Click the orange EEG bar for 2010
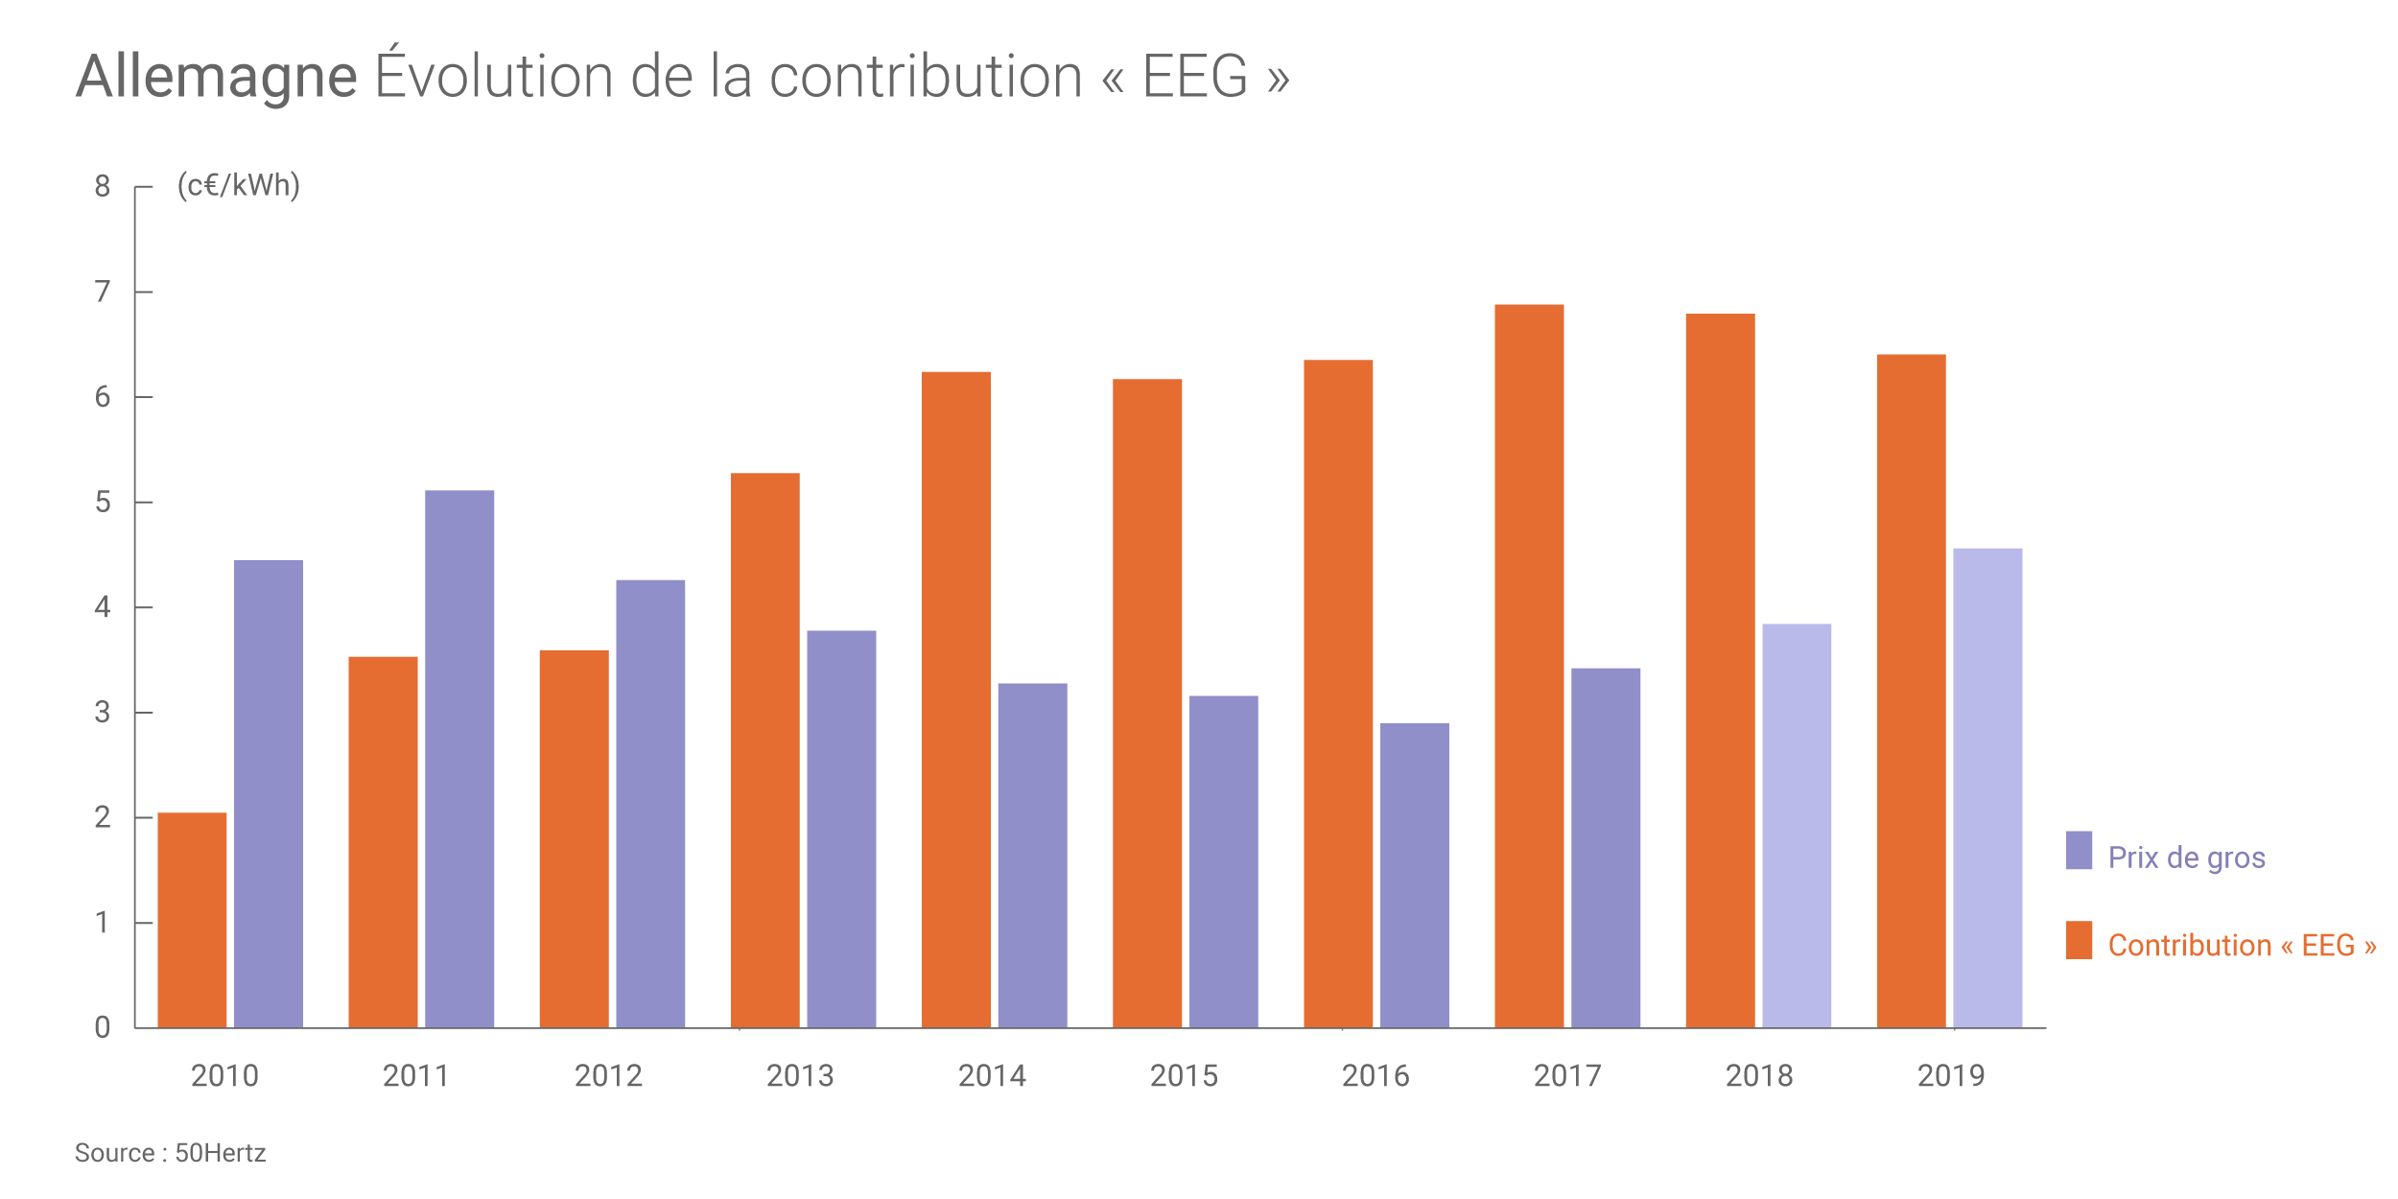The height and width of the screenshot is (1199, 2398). click(x=192, y=921)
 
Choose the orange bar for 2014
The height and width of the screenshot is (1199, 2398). click(x=956, y=700)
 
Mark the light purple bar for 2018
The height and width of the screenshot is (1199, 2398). click(x=1797, y=826)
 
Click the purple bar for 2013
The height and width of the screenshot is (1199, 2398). click(x=841, y=830)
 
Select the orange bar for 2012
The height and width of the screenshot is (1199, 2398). click(x=574, y=839)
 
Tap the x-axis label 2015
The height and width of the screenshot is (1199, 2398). click(x=1184, y=1076)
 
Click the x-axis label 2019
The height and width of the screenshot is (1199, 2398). click(x=1951, y=1076)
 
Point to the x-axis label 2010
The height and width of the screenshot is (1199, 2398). click(x=224, y=1076)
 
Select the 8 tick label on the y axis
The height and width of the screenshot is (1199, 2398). click(x=103, y=186)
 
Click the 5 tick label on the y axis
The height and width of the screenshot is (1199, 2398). click(x=103, y=502)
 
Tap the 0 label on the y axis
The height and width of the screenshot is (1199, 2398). click(x=103, y=1028)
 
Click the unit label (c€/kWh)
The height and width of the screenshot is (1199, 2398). click(x=239, y=185)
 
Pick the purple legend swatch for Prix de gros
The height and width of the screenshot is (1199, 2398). click(x=2079, y=850)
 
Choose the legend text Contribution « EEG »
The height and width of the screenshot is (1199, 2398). click(x=2242, y=946)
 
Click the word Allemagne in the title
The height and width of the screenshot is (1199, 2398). click(x=217, y=77)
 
